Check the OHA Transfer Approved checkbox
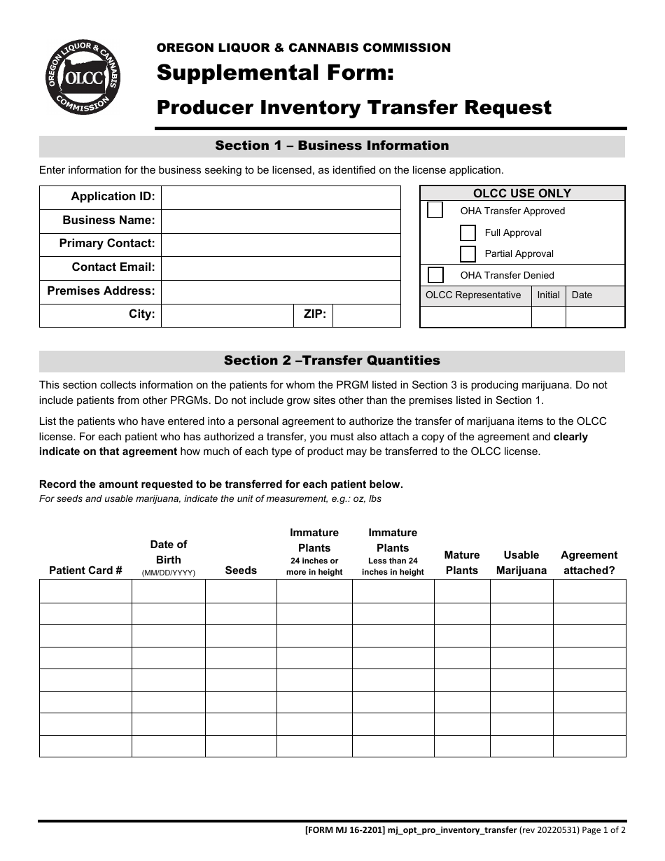(x=435, y=210)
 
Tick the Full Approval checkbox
(x=468, y=232)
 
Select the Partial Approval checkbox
(x=468, y=253)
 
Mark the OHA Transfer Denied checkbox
(x=435, y=274)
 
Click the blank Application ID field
(x=281, y=197)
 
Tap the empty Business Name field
(x=281, y=220)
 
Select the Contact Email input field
(x=281, y=267)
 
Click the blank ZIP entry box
(x=366, y=315)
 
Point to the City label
(x=141, y=314)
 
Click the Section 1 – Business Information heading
(x=332, y=146)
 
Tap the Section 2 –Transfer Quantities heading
(x=332, y=360)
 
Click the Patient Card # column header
(x=85, y=570)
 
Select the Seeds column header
(x=241, y=570)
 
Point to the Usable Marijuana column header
(x=521, y=563)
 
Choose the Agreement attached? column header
(x=589, y=563)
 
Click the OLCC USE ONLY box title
(x=522, y=193)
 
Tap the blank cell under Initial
(x=548, y=317)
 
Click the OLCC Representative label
(x=473, y=295)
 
